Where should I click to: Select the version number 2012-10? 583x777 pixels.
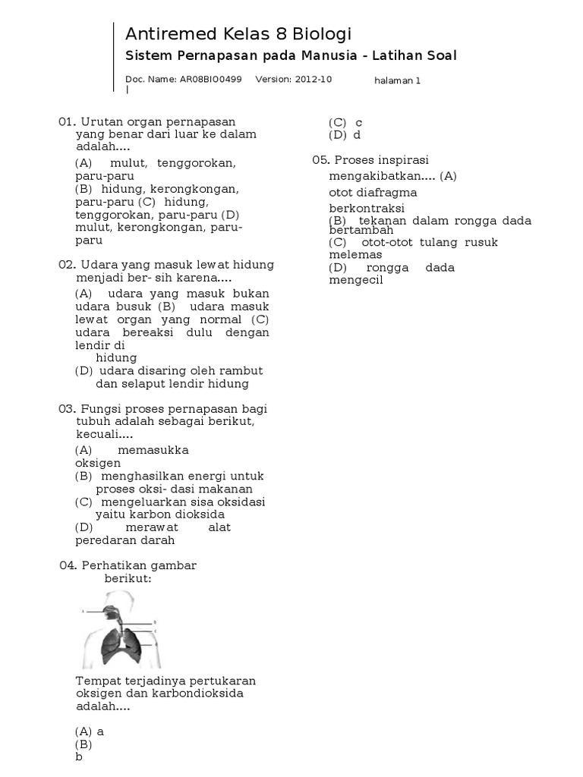(314, 79)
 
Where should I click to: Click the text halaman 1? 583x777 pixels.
(398, 80)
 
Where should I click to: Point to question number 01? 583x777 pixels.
(67, 121)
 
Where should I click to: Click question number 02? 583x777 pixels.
(67, 265)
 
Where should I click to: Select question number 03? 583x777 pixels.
(67, 408)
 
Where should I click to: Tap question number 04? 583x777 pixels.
(68, 566)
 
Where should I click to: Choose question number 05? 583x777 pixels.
(321, 160)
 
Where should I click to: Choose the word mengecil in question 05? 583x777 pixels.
(356, 280)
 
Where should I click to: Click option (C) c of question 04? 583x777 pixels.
(345, 122)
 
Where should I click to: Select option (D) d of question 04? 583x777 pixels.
(345, 135)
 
